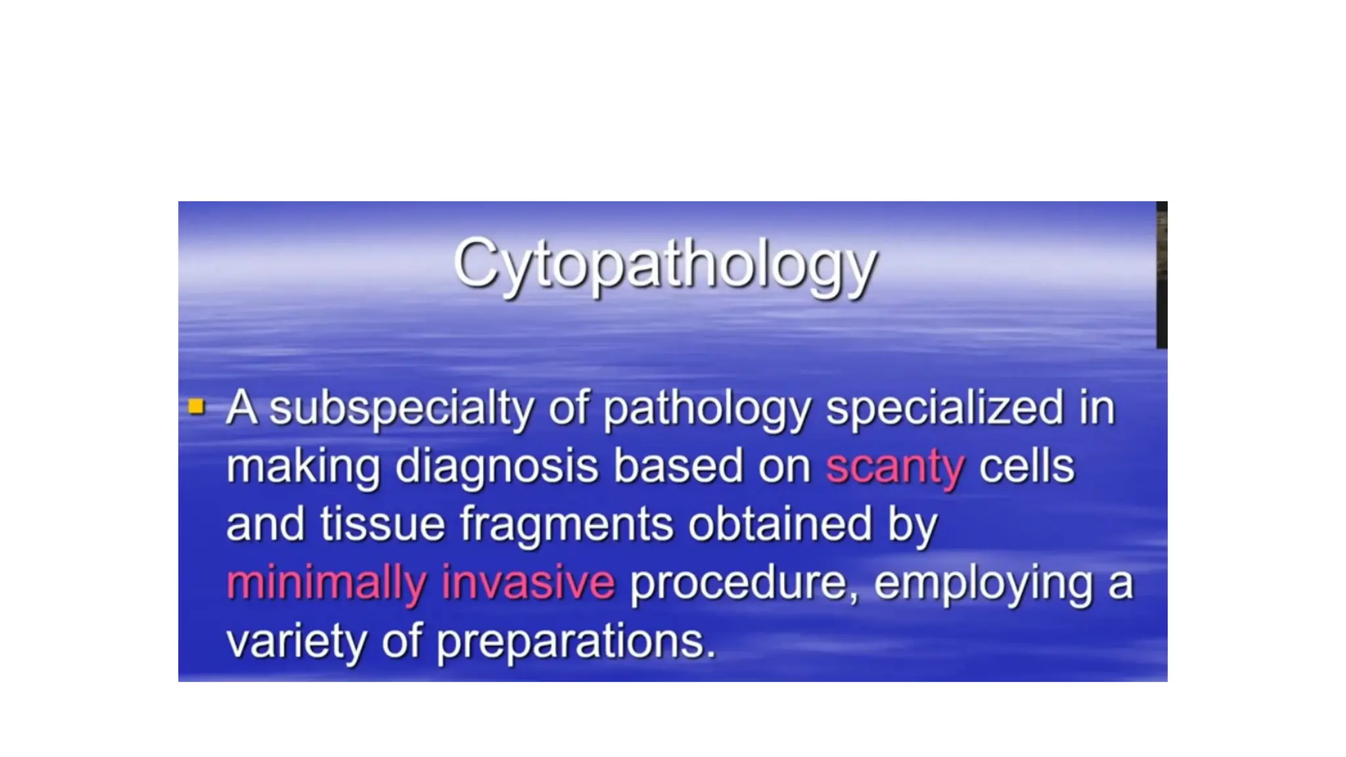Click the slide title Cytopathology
[664, 264]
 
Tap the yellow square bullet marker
[196, 407]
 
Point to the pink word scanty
[894, 467]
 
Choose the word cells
[1026, 467]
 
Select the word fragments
[567, 525]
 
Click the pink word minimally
[326, 583]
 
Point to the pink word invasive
[528, 582]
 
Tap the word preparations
[576, 641]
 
